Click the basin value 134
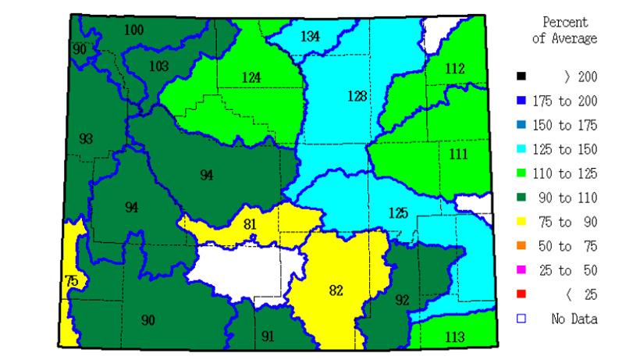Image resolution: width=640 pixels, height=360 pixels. [310, 36]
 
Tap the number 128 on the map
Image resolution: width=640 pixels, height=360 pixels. [357, 96]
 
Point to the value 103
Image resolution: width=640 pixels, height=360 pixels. [158, 66]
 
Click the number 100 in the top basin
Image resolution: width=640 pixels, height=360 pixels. [133, 30]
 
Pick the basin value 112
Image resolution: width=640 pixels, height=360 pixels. [456, 70]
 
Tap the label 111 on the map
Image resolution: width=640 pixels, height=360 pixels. [459, 154]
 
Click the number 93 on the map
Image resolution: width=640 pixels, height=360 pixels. [86, 138]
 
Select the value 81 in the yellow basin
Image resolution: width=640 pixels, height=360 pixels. [251, 226]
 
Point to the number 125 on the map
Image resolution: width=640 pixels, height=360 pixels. [398, 213]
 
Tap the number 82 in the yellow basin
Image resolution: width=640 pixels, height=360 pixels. [336, 290]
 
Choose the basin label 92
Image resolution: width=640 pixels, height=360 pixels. [402, 299]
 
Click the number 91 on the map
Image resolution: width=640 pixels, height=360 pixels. [268, 337]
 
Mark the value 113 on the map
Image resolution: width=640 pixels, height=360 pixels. [455, 337]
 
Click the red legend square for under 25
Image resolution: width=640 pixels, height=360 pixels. [521, 294]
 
